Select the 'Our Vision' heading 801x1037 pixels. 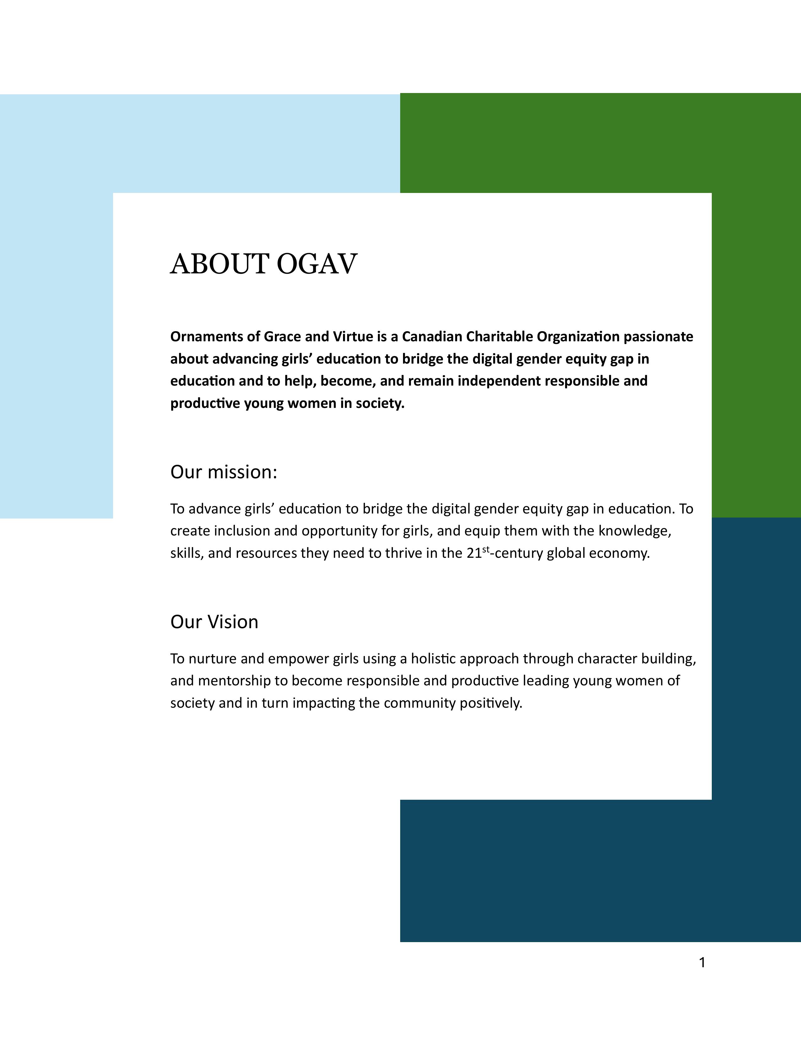214,622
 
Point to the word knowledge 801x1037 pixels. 635,531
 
